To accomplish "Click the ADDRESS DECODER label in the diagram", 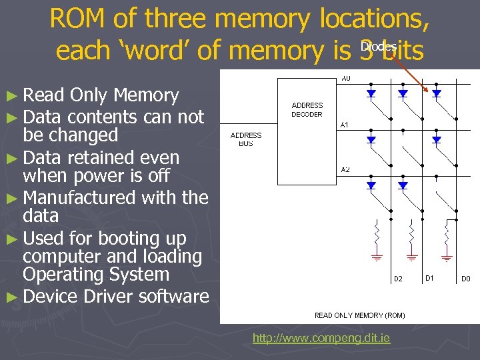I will pyautogui.click(x=307, y=109).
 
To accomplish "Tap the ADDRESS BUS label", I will pyautogui.click(x=245, y=139).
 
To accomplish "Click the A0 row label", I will pyautogui.click(x=346, y=79).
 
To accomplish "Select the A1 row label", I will pyautogui.click(x=345, y=125).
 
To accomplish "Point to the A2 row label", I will pyautogui.click(x=345, y=170).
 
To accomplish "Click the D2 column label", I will pyautogui.click(x=397, y=279).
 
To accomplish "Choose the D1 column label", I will pyautogui.click(x=430, y=277).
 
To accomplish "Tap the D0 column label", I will pyautogui.click(x=466, y=279).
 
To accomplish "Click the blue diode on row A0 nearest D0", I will pyautogui.click(x=437, y=94).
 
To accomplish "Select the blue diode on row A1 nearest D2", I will pyautogui.click(x=371, y=140).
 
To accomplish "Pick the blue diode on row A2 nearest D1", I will pyautogui.click(x=403, y=185).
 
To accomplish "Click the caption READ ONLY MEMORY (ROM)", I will pyautogui.click(x=359, y=315).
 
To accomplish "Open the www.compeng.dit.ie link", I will pyautogui.click(x=321, y=338).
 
